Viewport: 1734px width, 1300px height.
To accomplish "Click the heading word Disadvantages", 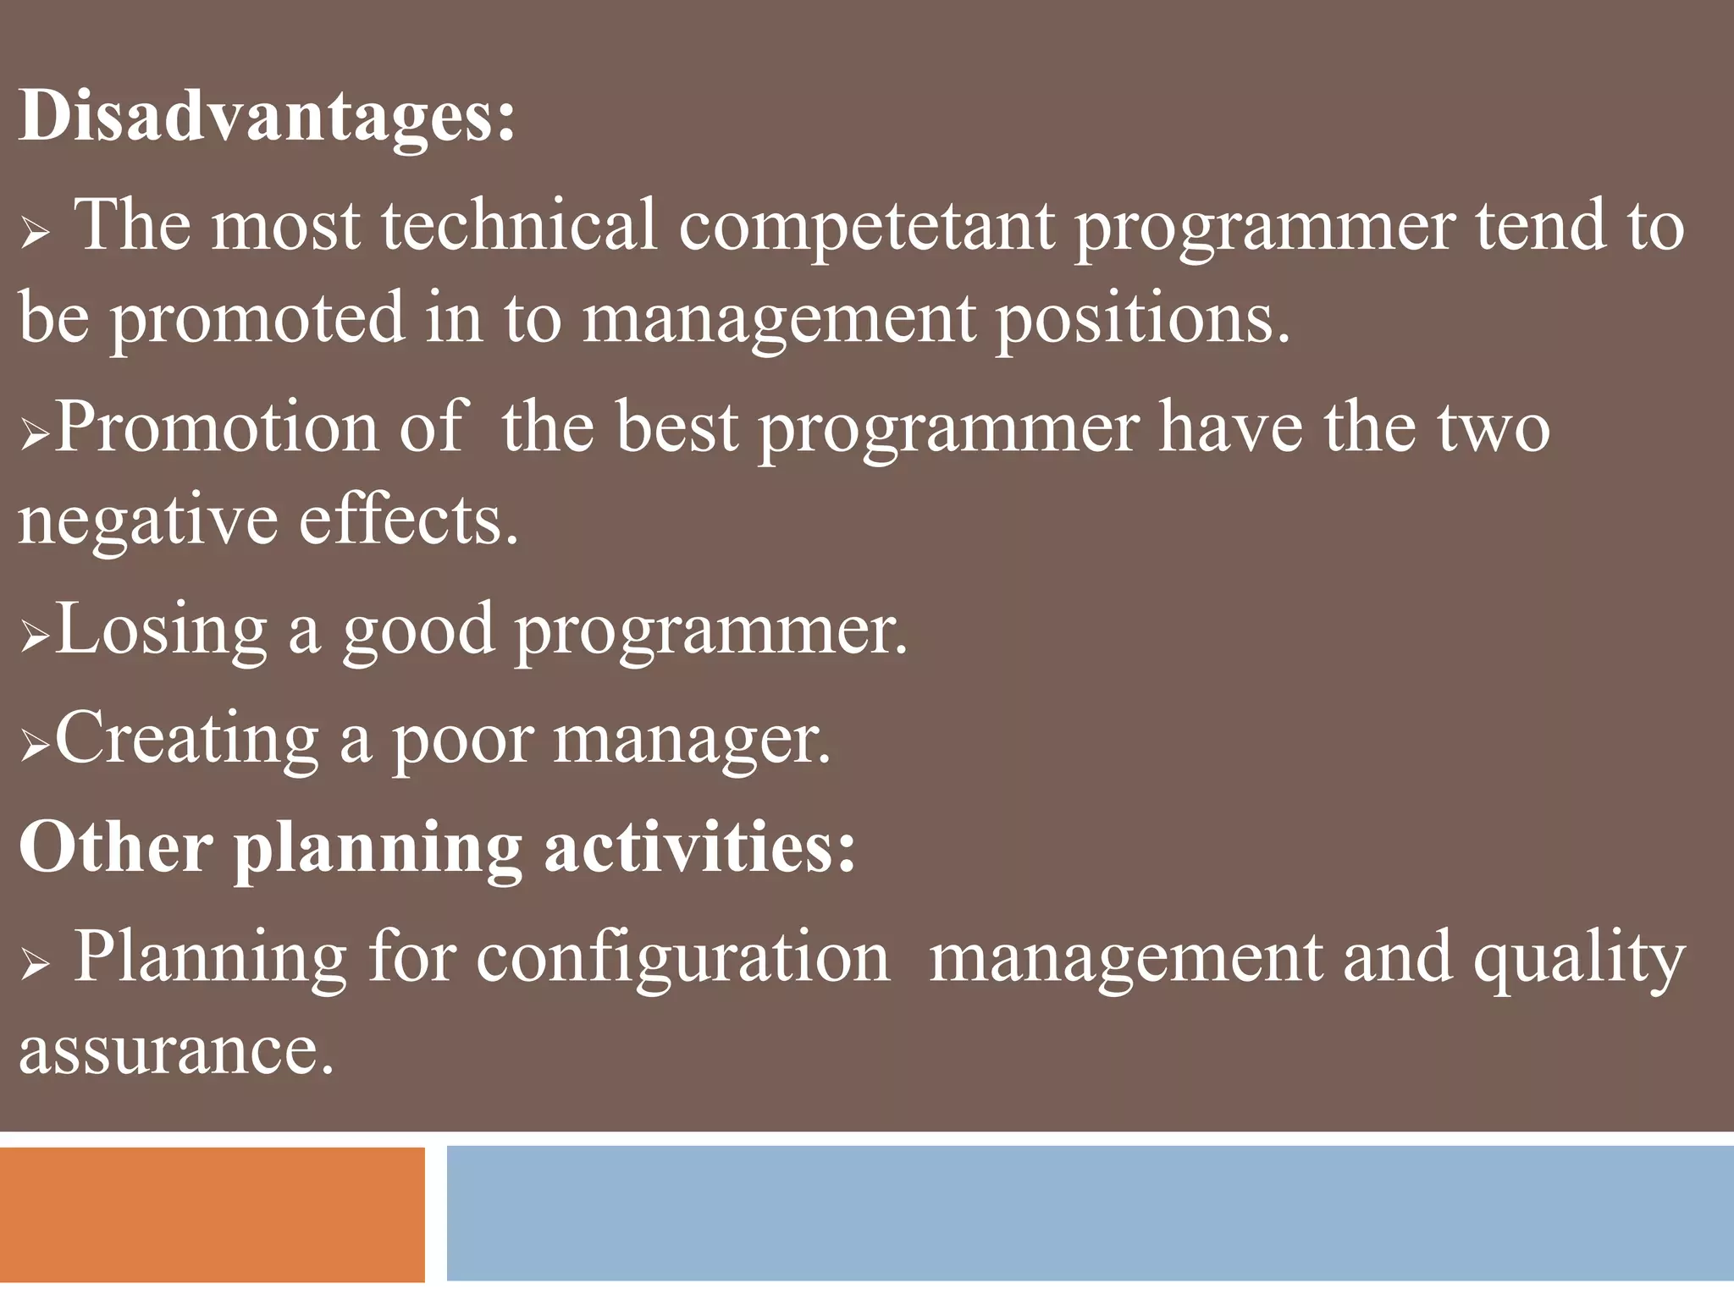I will pos(266,116).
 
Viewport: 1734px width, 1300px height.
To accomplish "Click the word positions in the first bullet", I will pos(1142,320).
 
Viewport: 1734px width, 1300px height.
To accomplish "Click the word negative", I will pos(146,521).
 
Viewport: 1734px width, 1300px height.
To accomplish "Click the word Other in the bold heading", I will pos(115,847).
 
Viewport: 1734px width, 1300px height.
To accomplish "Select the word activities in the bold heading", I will pos(699,847).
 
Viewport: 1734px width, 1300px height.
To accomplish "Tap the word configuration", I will pos(682,959).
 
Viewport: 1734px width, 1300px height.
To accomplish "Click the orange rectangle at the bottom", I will pos(212,1214).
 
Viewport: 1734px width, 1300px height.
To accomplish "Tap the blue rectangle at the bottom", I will pos(1089,1214).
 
